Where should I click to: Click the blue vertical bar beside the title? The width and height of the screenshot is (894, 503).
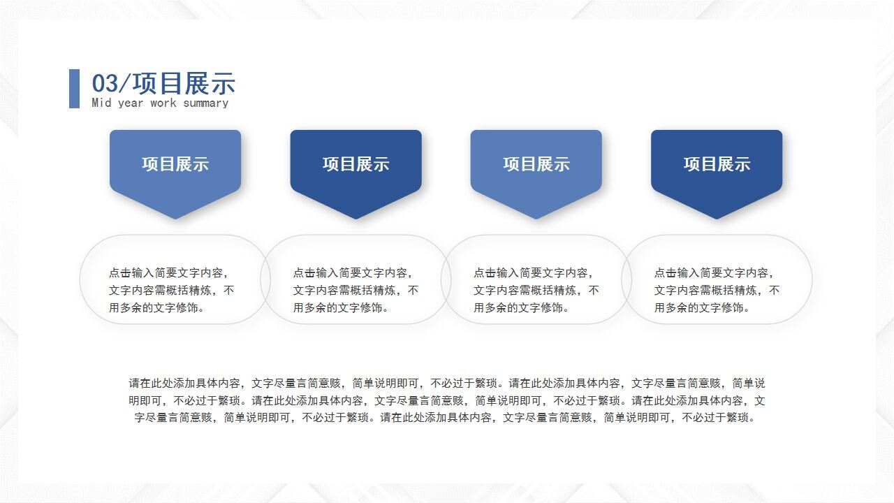(74, 88)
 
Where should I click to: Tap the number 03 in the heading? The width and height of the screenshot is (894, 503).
(105, 84)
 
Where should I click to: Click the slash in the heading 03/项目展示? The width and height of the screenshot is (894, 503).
(126, 84)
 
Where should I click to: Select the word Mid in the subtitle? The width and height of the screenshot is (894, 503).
(101, 103)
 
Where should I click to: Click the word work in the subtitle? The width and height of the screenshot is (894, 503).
(163, 103)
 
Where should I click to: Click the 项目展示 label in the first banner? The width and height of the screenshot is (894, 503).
(175, 164)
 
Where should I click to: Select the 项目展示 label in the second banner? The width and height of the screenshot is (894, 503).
(356, 164)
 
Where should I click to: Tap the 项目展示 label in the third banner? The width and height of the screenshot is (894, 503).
(536, 164)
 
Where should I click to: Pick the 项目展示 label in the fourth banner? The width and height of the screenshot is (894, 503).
(717, 164)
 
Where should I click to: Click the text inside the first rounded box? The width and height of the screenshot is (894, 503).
(171, 290)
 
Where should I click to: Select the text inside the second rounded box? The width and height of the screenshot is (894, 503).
(356, 290)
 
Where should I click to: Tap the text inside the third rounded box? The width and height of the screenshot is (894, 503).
(536, 290)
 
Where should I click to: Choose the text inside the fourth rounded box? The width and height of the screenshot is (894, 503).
(717, 290)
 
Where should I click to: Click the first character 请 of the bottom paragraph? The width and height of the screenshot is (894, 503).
(134, 384)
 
